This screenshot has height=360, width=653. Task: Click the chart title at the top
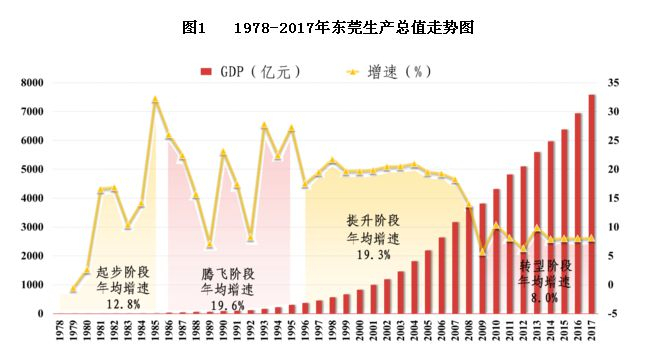pos(326,28)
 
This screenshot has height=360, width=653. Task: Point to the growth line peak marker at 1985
pos(155,100)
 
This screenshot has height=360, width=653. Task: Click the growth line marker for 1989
pos(209,245)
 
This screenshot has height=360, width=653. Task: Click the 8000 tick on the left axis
pos(32,83)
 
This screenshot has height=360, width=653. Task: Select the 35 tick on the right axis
pos(614,83)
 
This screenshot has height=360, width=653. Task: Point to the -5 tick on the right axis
pos(614,314)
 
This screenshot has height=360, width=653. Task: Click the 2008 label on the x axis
pos(468,332)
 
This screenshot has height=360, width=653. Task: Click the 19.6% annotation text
pos(227,305)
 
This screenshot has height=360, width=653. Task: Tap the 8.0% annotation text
pos(545,297)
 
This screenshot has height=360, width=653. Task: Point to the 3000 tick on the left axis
pos(32,227)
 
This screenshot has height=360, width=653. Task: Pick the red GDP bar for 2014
pos(550,228)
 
